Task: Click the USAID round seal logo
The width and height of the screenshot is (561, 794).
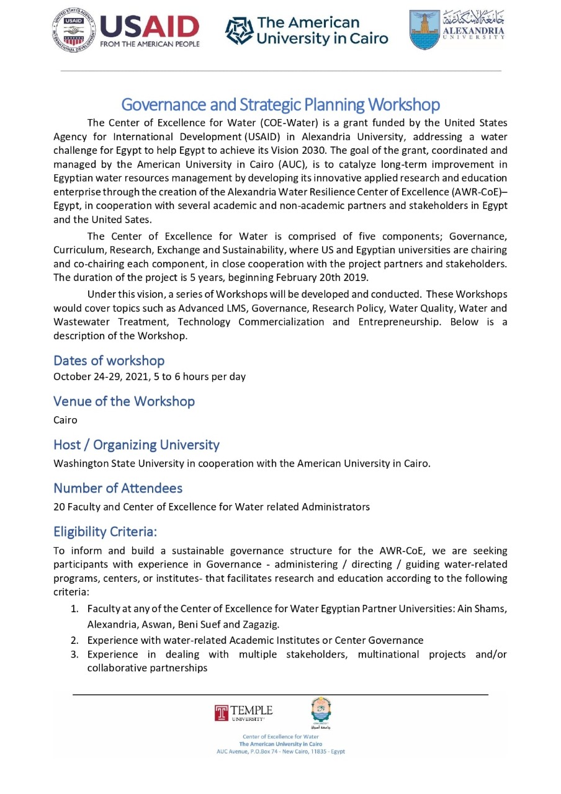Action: pos(74,30)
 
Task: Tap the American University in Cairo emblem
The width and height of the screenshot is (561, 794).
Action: pos(238,30)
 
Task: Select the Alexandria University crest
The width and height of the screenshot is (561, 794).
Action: pos(424,30)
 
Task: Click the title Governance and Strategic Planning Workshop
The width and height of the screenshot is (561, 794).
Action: pos(280,104)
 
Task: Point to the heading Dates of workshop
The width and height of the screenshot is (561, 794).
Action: pos(109,360)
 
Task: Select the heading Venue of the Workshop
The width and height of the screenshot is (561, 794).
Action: pos(124,401)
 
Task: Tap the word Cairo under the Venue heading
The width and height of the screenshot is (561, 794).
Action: pos(65,420)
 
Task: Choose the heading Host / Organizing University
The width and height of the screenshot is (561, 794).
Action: pos(137,445)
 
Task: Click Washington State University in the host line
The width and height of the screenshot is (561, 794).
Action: pos(117,463)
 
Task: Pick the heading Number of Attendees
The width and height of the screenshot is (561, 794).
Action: pos(118,488)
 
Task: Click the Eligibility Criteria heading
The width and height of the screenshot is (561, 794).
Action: pos(105,532)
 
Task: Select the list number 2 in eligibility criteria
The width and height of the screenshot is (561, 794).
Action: pos(74,640)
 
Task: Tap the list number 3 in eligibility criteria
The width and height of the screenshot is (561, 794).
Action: pos(74,654)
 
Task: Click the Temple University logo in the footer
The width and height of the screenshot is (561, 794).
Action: pos(243,713)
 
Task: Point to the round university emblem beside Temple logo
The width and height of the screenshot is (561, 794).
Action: pos(321,710)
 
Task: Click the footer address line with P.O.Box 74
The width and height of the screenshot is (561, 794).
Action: pos(280,751)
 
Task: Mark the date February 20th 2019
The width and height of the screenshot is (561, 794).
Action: pos(323,277)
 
